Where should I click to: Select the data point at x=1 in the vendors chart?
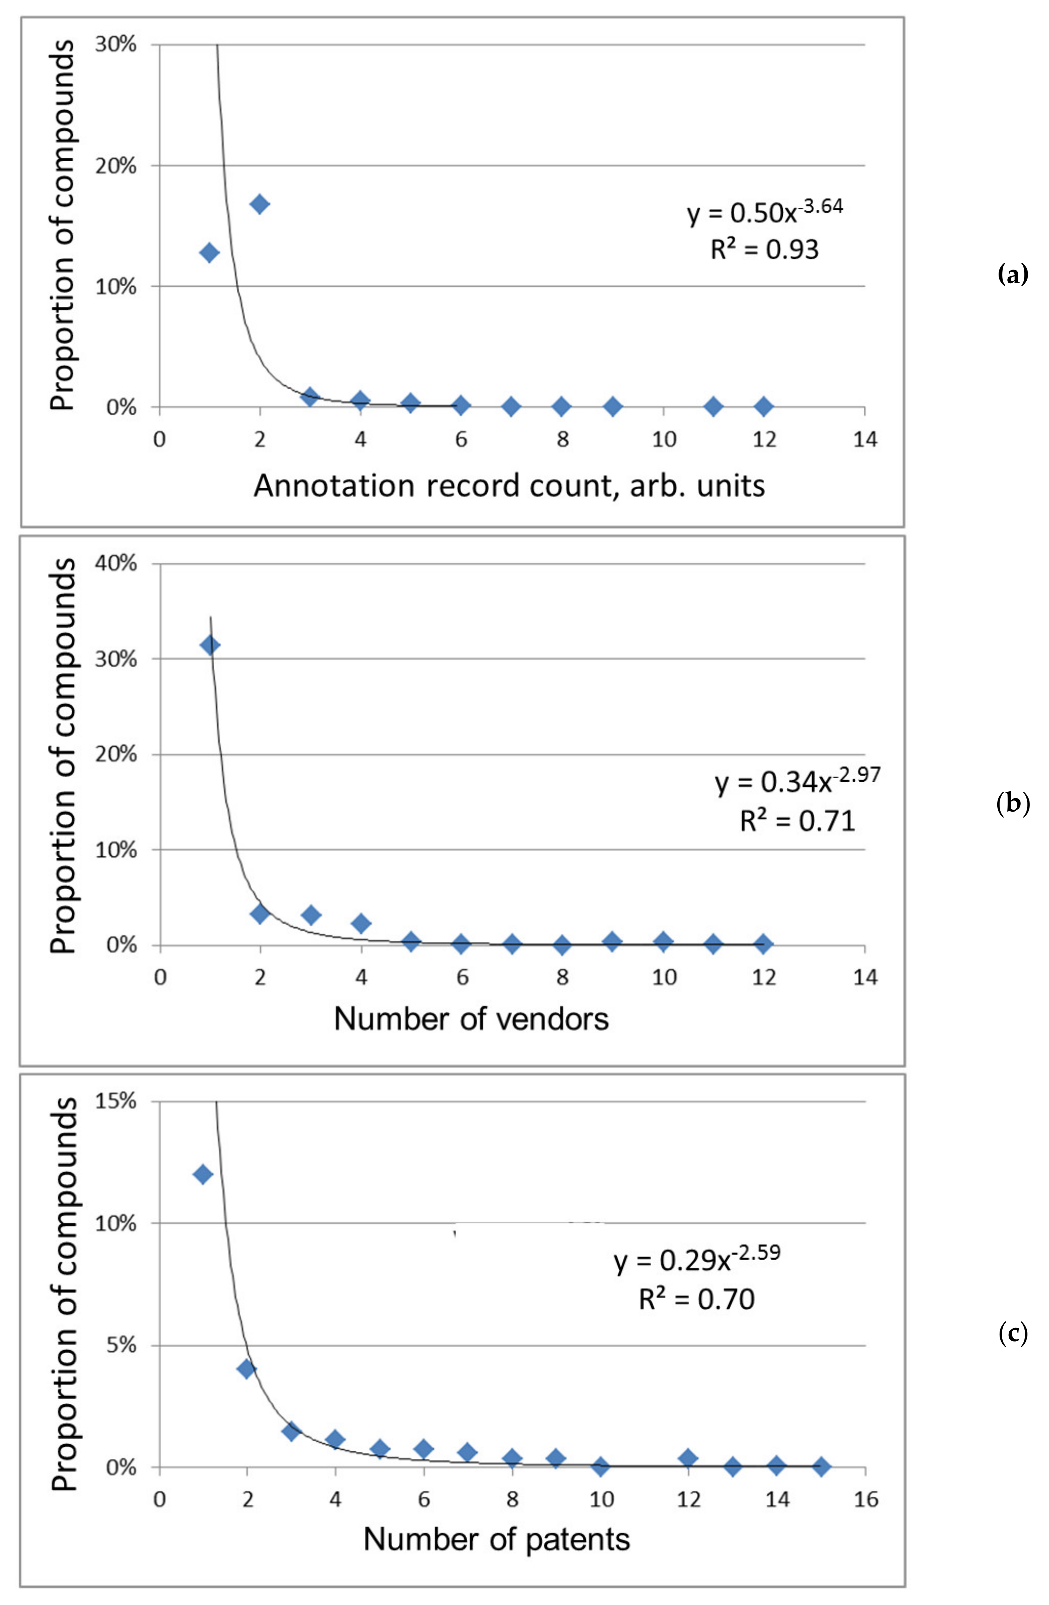tap(210, 645)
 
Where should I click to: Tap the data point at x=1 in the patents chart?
tap(202, 1175)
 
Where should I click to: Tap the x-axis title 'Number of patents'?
tap(497, 1539)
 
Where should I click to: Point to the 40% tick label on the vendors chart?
tap(116, 563)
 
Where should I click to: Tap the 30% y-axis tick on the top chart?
tap(116, 45)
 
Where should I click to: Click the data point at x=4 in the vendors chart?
tap(361, 923)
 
